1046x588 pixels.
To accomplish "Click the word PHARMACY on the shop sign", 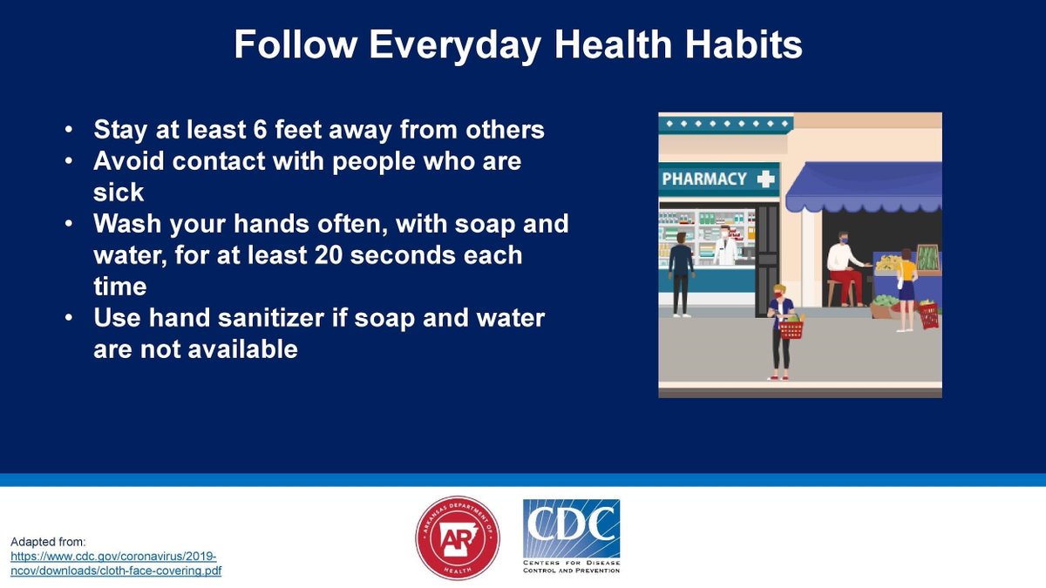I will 704,179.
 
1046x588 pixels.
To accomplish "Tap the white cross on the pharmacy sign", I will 765,179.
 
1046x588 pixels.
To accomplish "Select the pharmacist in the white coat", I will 725,246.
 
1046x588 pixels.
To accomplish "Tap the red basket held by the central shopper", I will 791,329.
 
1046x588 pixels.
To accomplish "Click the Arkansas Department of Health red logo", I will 458,538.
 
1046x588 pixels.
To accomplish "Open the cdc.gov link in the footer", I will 113,564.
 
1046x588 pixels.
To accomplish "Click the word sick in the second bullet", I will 119,192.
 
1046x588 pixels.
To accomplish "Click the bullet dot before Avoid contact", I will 68,162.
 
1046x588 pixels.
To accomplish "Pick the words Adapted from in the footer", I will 48,541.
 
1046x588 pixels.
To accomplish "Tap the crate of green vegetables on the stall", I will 927,258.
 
